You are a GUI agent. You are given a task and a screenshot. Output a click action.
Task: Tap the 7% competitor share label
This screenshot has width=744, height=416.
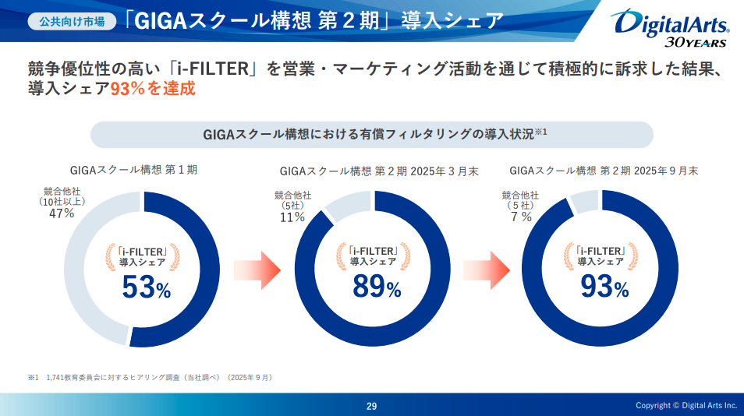coord(521,217)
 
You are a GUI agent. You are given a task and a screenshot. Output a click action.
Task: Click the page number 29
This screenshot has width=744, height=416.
coord(372,406)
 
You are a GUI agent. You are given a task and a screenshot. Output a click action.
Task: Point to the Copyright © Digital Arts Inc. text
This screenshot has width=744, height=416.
coord(686,406)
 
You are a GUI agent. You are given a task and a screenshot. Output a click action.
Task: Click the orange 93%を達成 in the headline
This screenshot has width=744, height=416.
coord(152,89)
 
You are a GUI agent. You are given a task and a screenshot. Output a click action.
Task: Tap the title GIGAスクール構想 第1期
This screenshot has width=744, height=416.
coord(140,170)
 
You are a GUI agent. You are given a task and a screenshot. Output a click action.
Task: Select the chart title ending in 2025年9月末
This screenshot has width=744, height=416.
coord(604,171)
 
